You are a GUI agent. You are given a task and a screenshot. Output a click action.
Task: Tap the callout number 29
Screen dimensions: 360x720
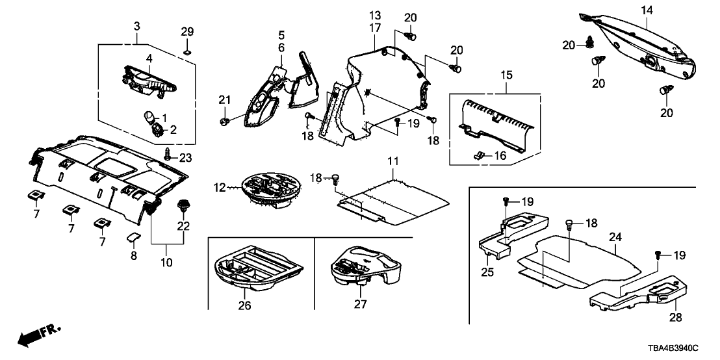tap(186, 32)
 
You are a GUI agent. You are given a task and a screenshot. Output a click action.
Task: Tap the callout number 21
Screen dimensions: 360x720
tap(224, 99)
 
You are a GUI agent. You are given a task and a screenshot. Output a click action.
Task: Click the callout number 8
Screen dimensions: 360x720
tap(134, 256)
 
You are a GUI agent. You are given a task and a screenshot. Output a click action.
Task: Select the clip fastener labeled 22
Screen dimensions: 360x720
tap(183, 206)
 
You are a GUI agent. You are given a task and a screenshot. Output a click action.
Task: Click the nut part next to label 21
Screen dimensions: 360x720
tap(224, 121)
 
